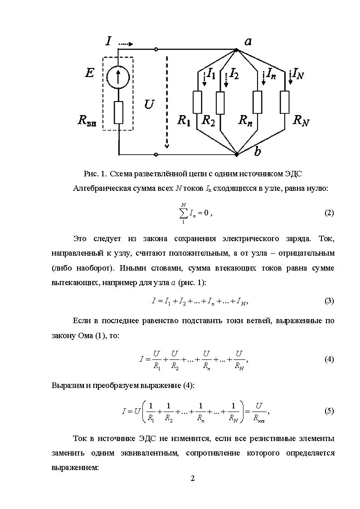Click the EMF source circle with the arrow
click(118, 77)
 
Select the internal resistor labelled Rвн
click(118, 113)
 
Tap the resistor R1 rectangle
click(198, 102)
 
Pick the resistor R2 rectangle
click(220, 103)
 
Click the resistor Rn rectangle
click(258, 102)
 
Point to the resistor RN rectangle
click(284, 102)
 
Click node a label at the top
click(248, 42)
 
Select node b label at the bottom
click(258, 152)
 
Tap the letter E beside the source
click(89, 73)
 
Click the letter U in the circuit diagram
click(149, 105)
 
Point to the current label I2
click(234, 73)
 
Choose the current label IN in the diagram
click(298, 73)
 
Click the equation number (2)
click(329, 213)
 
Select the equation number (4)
click(329, 359)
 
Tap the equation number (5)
click(329, 411)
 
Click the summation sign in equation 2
click(184, 213)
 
